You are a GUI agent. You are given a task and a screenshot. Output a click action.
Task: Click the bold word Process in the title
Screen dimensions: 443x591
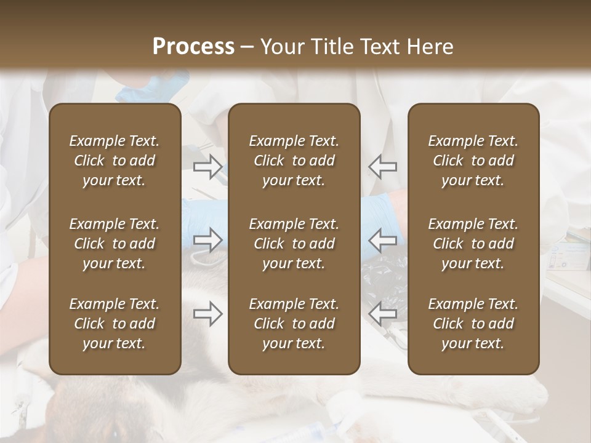[193, 47]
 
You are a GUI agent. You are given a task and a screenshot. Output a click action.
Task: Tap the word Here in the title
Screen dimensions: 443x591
[430, 47]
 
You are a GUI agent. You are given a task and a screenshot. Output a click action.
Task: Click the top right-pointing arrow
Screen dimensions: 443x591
[207, 166]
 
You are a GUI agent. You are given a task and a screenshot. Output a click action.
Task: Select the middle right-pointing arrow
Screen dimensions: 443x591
[207, 240]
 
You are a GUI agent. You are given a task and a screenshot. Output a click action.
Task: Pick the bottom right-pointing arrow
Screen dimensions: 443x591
[207, 314]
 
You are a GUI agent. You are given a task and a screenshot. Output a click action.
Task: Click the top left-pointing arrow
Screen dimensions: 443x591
[382, 166]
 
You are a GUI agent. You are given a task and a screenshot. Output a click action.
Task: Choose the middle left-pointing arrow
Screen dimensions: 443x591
[382, 240]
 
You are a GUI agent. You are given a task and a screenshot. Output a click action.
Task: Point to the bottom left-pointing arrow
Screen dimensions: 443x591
[382, 314]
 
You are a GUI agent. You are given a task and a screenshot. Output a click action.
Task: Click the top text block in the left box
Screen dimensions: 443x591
[115, 161]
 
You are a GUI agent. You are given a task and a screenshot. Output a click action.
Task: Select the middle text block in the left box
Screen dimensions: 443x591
[115, 244]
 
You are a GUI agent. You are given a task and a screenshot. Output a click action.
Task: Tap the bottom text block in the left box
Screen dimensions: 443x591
[115, 324]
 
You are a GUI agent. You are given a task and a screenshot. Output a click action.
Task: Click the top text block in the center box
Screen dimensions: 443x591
[294, 161]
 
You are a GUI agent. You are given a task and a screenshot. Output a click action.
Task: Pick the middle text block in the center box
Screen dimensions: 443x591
[294, 244]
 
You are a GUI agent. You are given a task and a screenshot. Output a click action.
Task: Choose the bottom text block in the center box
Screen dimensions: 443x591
[294, 324]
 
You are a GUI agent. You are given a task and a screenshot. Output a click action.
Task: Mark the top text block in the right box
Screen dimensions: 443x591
[473, 161]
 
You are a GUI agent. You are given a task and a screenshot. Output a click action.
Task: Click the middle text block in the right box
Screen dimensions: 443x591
[473, 244]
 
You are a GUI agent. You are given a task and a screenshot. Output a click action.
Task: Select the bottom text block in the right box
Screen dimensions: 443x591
[473, 324]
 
